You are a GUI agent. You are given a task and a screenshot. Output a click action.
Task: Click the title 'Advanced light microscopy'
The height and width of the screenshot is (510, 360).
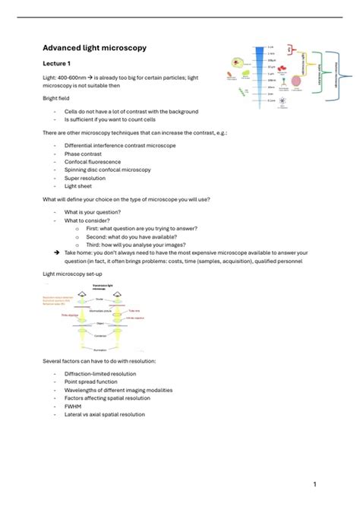pyautogui.click(x=94, y=48)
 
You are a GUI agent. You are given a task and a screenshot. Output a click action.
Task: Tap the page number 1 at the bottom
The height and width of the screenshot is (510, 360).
pyautogui.click(x=314, y=484)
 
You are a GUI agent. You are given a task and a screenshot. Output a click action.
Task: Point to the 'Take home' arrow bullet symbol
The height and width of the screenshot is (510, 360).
pyautogui.click(x=57, y=252)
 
